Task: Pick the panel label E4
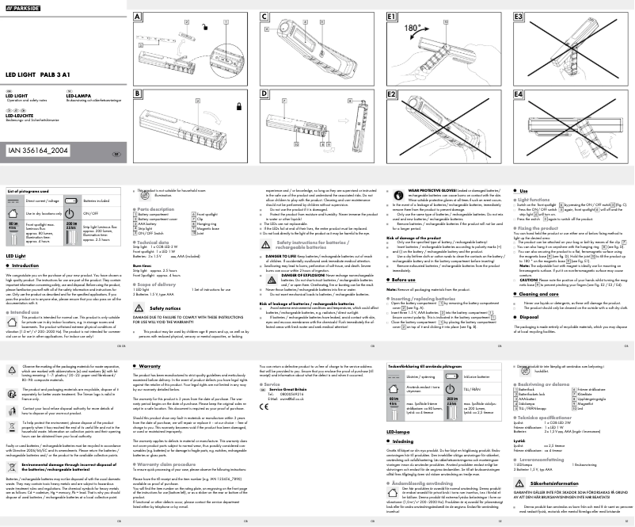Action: tap(519, 94)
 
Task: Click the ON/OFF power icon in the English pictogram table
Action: tap(70, 214)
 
